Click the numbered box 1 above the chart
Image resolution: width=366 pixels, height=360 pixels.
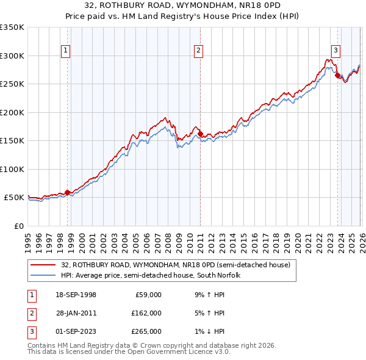click(65, 51)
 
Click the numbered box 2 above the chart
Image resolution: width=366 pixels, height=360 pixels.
click(199, 51)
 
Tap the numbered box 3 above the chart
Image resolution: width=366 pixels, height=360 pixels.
click(335, 51)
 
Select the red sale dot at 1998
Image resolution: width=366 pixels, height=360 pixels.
click(68, 192)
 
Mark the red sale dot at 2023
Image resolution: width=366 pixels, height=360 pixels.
click(338, 75)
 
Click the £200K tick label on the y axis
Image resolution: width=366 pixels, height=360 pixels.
click(12, 112)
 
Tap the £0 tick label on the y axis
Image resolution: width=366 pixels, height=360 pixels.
click(18, 226)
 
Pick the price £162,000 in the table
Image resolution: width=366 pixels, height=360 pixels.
click(146, 313)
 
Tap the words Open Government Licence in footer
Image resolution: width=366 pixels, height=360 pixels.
click(163, 352)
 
